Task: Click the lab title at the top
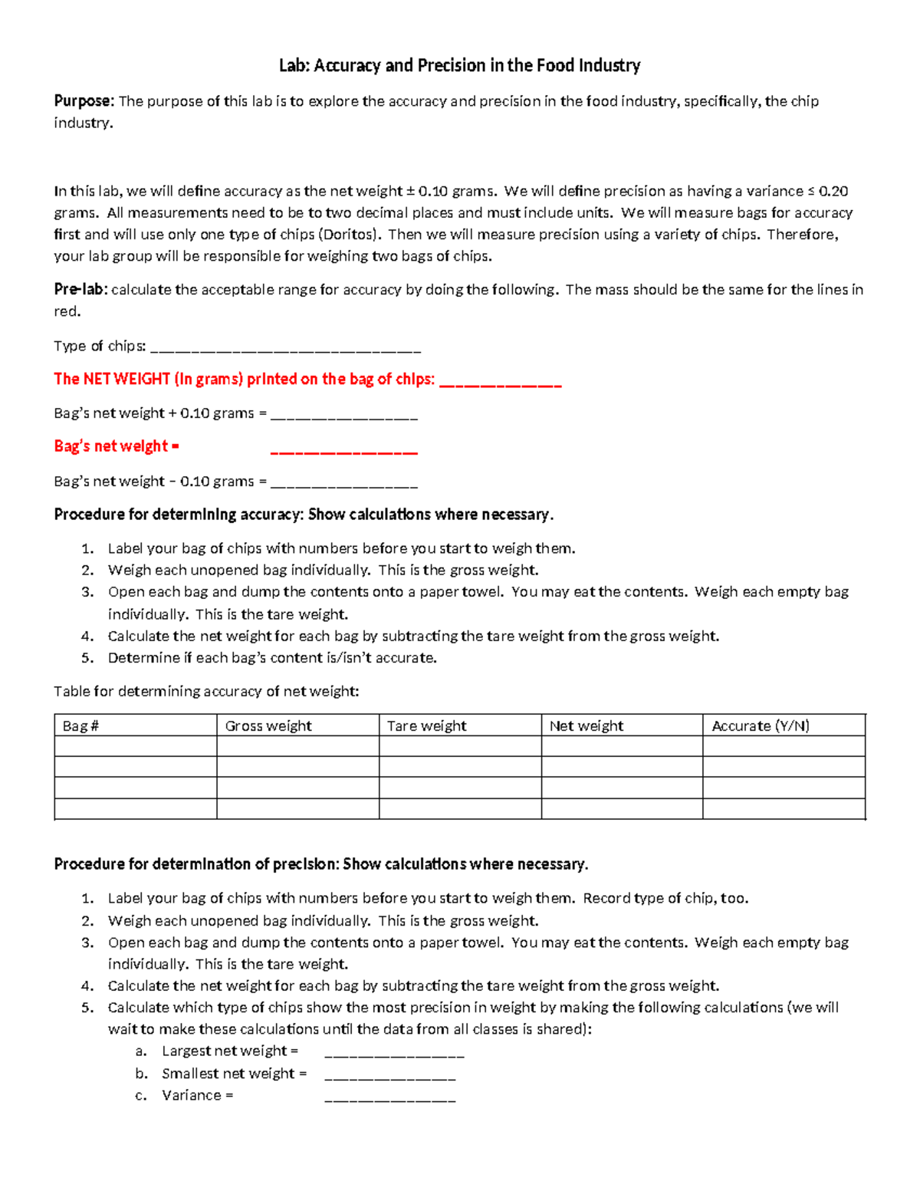pos(459,66)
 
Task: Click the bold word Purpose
pos(84,101)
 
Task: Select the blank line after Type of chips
pos(286,348)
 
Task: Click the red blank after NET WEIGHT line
pos(501,381)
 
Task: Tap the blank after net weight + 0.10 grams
pos(344,415)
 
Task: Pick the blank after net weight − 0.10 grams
pos(344,483)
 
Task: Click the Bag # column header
pos(81,725)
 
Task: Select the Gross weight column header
pos(268,725)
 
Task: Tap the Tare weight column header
pos(426,725)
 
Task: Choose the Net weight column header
pos(586,725)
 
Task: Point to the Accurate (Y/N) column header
pos(761,725)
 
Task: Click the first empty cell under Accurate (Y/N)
pos(784,746)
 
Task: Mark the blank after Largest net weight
pos(394,1053)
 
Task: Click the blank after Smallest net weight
pos(390,1075)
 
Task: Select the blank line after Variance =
pos(390,1097)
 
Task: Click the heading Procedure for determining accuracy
pos(304,515)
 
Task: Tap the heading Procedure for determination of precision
pos(321,864)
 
